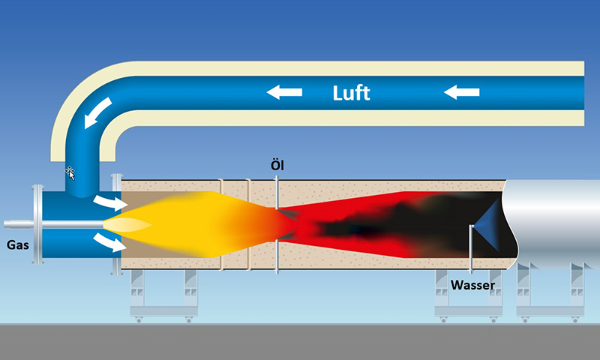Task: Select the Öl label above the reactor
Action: [277, 163]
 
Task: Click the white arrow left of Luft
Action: [285, 92]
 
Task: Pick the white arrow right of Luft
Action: [461, 92]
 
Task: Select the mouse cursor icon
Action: [70, 173]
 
